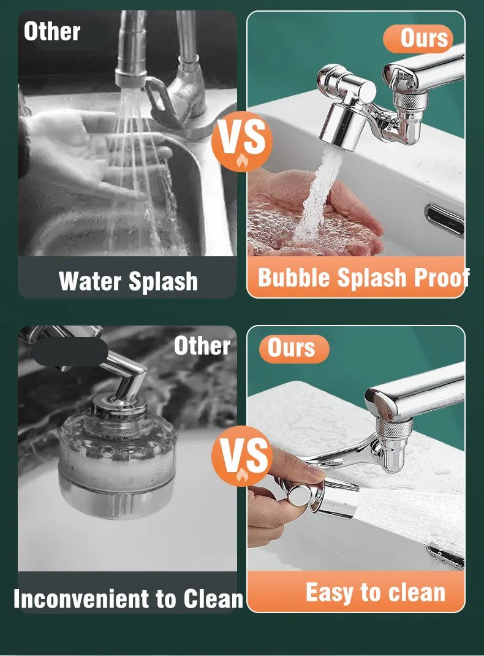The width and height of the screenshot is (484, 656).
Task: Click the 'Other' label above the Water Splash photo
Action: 52,32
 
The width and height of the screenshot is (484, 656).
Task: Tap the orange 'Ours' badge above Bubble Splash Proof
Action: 418,39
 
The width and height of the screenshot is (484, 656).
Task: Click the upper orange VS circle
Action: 242,141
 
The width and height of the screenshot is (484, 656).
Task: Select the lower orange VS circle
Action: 242,456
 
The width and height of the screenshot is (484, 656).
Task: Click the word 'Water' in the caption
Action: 91,281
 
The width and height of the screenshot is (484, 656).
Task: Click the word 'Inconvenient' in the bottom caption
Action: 81,598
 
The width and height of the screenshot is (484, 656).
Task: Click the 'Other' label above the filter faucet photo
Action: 202,346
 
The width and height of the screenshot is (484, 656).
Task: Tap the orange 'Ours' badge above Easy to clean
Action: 293,348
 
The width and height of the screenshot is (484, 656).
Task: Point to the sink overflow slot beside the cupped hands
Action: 445,219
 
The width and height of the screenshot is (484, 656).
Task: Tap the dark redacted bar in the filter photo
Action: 70,352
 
